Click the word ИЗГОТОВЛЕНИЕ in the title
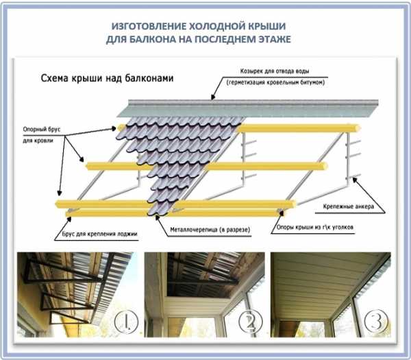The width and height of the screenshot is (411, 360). [150, 26]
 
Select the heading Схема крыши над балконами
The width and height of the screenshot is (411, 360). [105, 78]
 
